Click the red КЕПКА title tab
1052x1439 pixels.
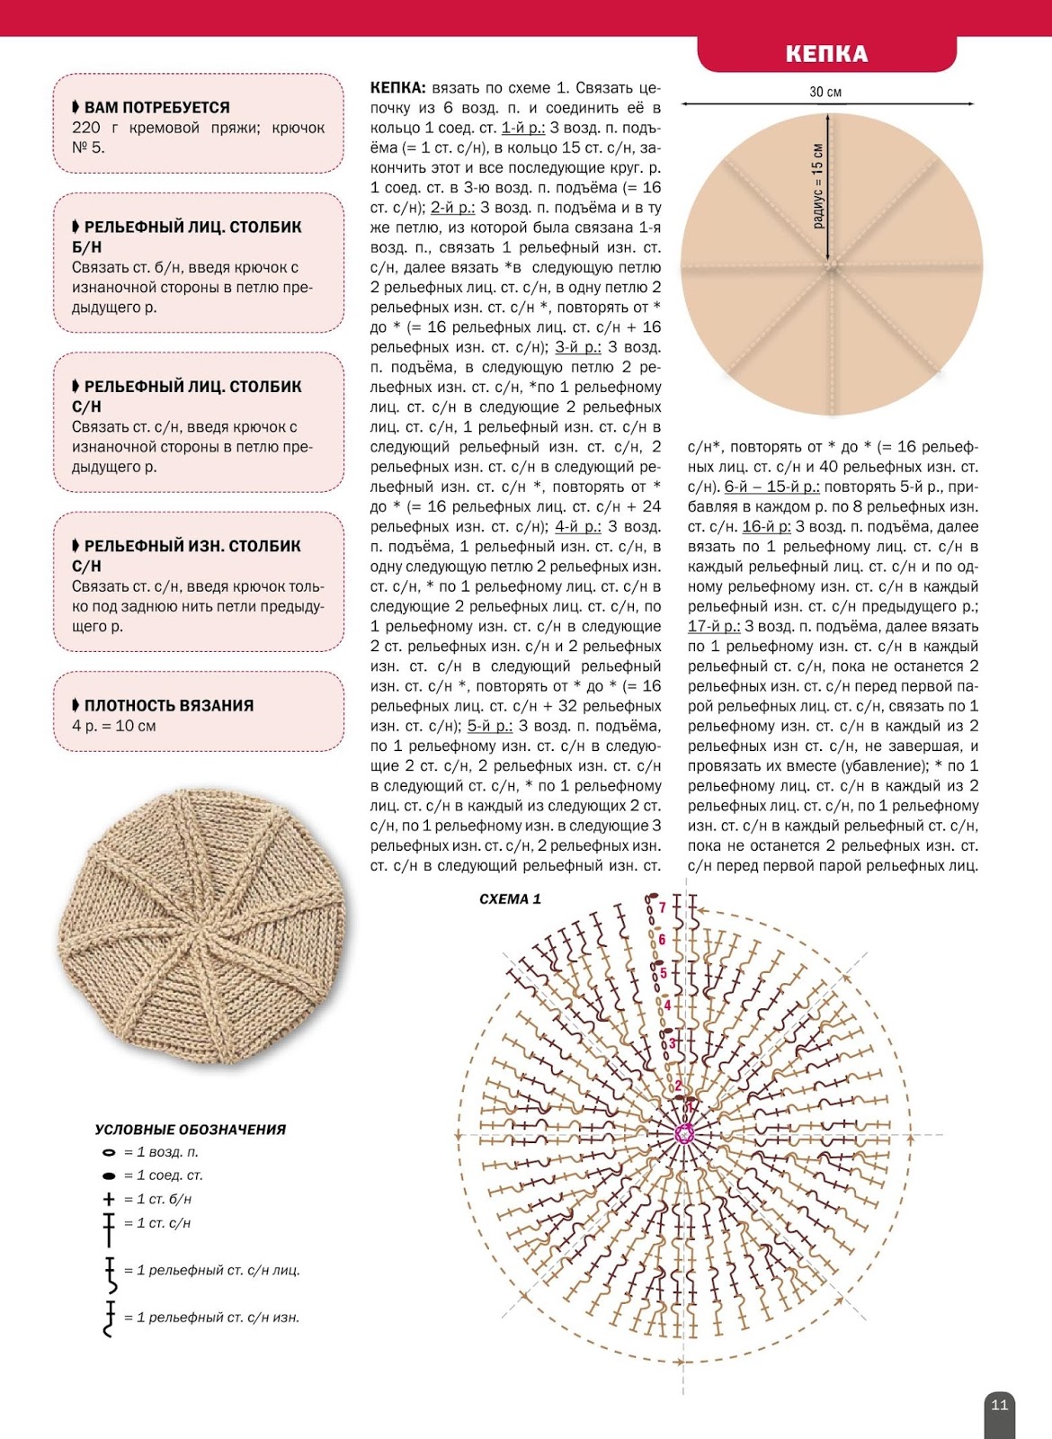point(826,54)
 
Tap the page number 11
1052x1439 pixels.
point(999,1405)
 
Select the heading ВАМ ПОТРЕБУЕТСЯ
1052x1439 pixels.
point(156,108)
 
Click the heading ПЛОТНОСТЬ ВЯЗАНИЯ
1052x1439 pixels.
point(168,706)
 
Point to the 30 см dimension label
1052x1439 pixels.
point(825,92)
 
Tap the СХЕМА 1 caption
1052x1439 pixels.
point(510,899)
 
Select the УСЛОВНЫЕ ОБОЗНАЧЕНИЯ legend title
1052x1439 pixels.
point(191,1130)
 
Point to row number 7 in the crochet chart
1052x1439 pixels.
point(663,907)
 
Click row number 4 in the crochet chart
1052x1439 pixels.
point(667,1005)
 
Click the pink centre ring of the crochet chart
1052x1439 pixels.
point(685,1134)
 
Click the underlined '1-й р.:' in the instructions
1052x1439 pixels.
point(522,128)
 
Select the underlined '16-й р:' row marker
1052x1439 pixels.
point(766,527)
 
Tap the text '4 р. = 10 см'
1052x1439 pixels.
point(114,726)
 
